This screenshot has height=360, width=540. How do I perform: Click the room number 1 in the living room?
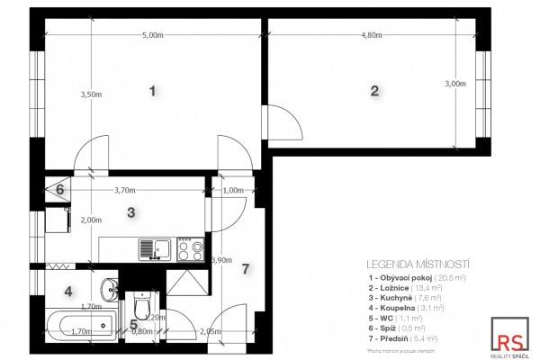153,91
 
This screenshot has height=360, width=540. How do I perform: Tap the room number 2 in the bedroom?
374,91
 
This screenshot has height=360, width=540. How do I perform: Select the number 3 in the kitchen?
131,213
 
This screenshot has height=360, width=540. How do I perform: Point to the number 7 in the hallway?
245,268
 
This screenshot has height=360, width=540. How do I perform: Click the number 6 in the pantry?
60,190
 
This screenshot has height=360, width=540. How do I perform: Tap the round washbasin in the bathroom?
109,288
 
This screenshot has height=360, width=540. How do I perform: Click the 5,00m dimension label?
153,35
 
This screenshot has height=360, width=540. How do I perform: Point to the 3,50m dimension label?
91,94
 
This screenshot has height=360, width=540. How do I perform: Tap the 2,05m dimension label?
211,331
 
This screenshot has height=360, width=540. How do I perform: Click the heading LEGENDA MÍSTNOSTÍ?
419,265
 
